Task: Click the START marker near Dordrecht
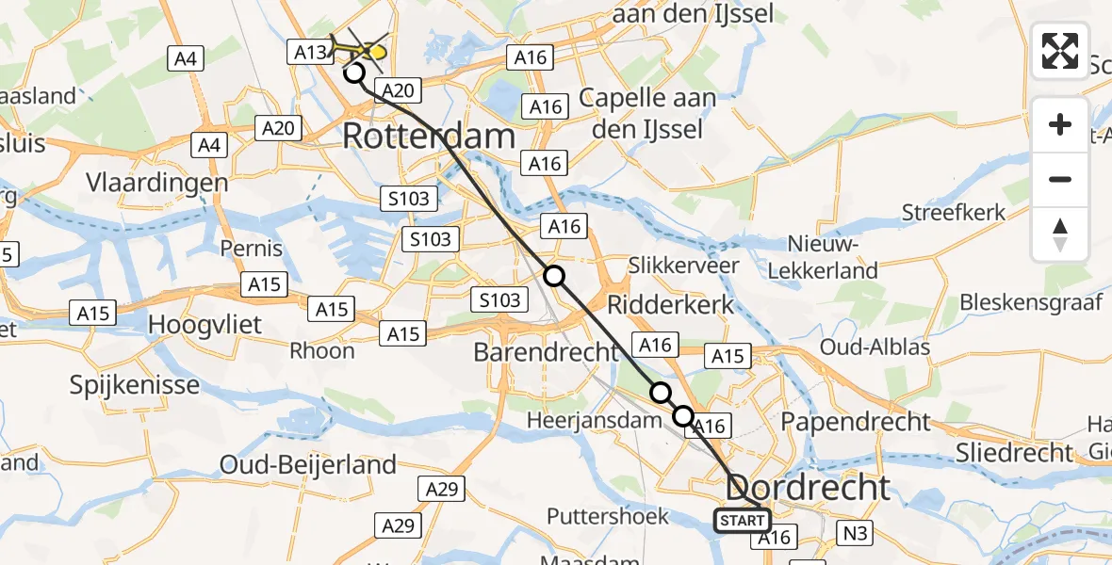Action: tap(743, 521)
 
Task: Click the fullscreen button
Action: tap(1060, 51)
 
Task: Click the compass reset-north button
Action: tap(1060, 235)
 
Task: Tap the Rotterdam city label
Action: tap(428, 137)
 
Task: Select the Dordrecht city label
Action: tap(809, 488)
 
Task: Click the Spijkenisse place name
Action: tap(135, 384)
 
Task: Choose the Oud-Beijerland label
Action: tap(307, 464)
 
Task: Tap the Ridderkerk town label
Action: tap(669, 305)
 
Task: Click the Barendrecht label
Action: tap(546, 353)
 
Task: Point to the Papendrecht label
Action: tap(857, 421)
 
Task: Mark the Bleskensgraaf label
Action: tap(1030, 303)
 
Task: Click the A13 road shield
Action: tap(310, 54)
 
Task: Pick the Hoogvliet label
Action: tap(204, 324)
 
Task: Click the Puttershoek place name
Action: tap(608, 516)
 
